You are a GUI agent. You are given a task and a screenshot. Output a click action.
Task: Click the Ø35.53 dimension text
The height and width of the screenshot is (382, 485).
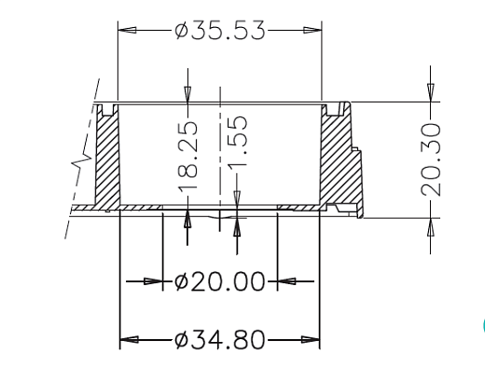click(x=219, y=30)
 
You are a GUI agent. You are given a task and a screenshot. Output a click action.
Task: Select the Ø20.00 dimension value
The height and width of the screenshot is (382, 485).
click(x=219, y=281)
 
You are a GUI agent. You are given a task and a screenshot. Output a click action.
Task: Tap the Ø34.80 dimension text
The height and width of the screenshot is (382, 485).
click(x=219, y=340)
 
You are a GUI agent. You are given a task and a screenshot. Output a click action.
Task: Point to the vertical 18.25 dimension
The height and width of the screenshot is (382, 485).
click(x=187, y=156)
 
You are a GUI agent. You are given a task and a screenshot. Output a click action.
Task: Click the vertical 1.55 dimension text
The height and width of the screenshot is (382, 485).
click(x=238, y=142)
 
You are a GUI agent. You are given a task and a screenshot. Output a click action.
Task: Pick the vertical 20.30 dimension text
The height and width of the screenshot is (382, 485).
click(x=431, y=159)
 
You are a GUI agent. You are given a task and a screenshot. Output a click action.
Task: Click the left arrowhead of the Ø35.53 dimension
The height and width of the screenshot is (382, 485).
click(x=127, y=30)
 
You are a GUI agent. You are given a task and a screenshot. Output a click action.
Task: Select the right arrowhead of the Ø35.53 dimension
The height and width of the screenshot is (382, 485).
click(x=312, y=30)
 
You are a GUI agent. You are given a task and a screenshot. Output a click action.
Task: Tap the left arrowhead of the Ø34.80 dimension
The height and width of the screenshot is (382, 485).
click(x=130, y=339)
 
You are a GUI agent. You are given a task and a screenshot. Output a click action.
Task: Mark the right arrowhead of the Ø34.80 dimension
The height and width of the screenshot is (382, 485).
click(x=311, y=339)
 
